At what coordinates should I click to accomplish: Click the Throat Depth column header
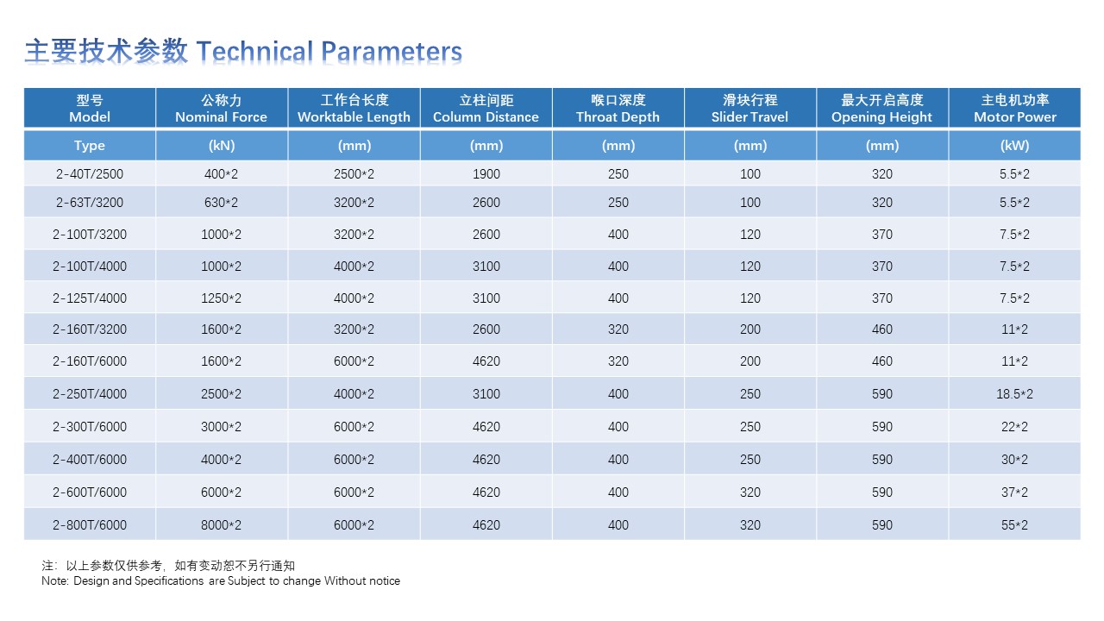(x=618, y=109)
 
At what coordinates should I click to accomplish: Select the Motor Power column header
(x=1015, y=109)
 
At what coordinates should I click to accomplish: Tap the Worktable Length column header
(x=354, y=109)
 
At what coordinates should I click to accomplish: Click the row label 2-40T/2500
(x=90, y=174)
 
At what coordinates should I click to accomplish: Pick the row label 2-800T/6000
(x=90, y=525)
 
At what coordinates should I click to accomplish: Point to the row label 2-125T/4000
(x=90, y=298)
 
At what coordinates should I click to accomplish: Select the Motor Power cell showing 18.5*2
(x=1014, y=394)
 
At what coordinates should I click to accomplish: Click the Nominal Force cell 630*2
(x=222, y=203)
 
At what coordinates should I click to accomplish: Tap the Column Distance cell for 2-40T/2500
(x=486, y=174)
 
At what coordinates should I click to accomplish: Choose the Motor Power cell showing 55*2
(x=1014, y=525)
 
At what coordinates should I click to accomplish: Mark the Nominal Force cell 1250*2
(x=222, y=298)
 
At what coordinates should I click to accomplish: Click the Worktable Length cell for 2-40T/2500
(x=354, y=174)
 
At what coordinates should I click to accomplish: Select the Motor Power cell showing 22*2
(x=1014, y=426)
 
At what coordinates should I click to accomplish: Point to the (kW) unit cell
(x=1015, y=146)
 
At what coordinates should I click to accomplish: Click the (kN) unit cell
(x=222, y=146)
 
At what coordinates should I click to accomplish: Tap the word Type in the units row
(x=90, y=146)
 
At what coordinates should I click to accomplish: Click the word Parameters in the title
(x=392, y=51)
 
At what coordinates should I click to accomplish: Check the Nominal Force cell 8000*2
(x=222, y=525)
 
